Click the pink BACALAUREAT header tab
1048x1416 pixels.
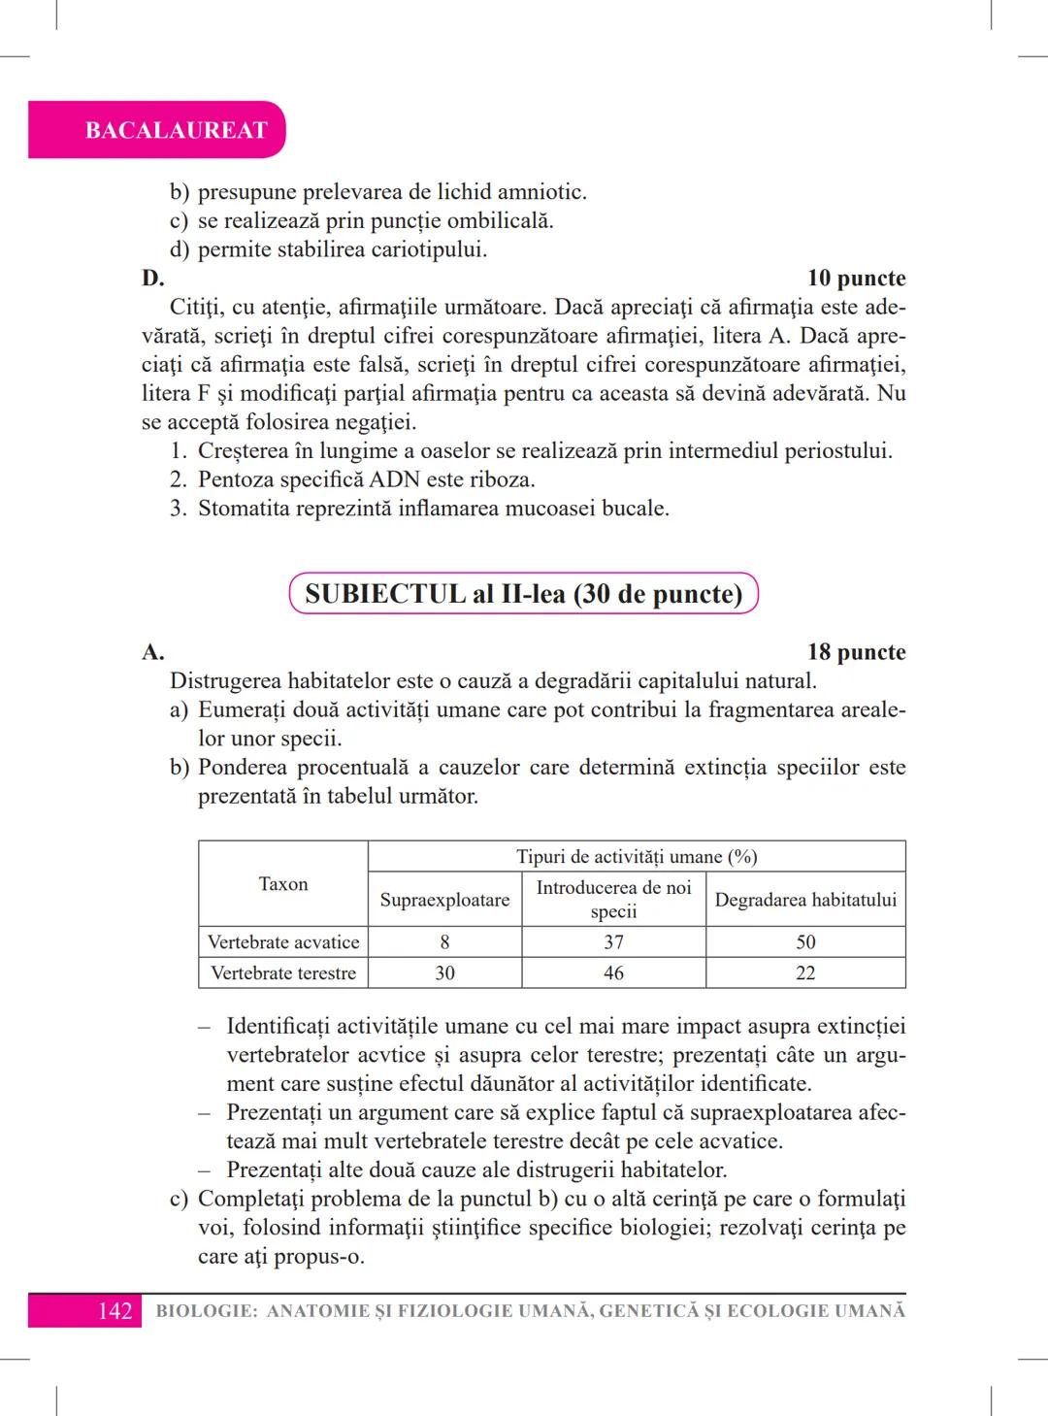[176, 130]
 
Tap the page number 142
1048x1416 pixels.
[115, 1311]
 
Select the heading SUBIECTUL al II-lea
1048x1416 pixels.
[523, 594]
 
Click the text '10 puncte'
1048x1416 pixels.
[856, 279]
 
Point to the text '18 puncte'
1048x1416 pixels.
[856, 652]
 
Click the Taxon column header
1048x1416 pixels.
[283, 884]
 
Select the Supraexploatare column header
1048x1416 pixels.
[444, 900]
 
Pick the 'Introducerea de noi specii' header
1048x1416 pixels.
[613, 899]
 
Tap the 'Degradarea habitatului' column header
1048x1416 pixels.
[805, 900]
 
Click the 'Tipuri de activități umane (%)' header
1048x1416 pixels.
[637, 857]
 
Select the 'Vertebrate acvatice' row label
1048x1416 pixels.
[283, 942]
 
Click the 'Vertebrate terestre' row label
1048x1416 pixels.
[283, 973]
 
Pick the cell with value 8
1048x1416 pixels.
[444, 942]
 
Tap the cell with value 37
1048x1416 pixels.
[613, 942]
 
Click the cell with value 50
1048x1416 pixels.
[805, 942]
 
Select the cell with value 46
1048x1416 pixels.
[613, 973]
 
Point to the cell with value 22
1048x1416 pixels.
[805, 973]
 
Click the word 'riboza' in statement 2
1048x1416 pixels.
[501, 479]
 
